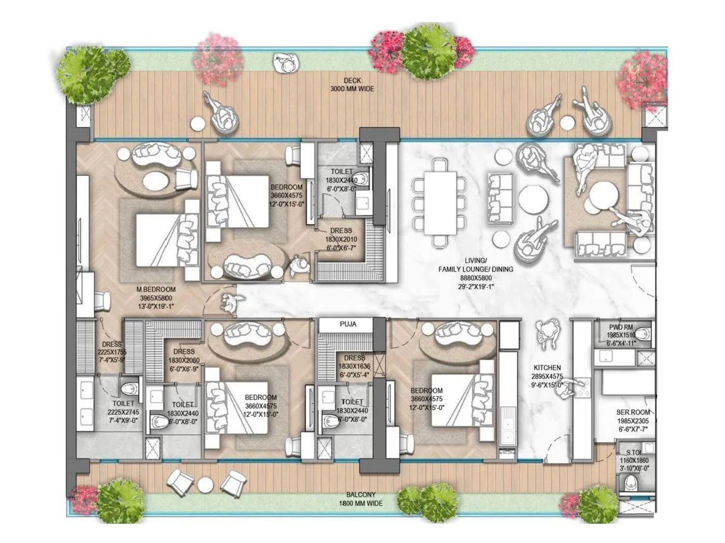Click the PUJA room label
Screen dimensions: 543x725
[348, 324]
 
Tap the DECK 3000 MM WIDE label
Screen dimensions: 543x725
[352, 85]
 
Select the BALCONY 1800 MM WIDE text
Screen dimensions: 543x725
[361, 499]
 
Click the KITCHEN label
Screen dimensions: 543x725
[547, 368]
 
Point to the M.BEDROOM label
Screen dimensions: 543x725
[156, 290]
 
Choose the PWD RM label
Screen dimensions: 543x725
[621, 327]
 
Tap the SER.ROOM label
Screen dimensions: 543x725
[633, 412]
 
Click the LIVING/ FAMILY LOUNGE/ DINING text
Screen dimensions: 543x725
[475, 265]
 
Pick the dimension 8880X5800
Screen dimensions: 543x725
[475, 278]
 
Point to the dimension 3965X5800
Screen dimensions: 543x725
[156, 298]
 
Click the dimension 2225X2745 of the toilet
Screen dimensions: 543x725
[123, 412]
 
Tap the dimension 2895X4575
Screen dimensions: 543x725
[547, 376]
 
